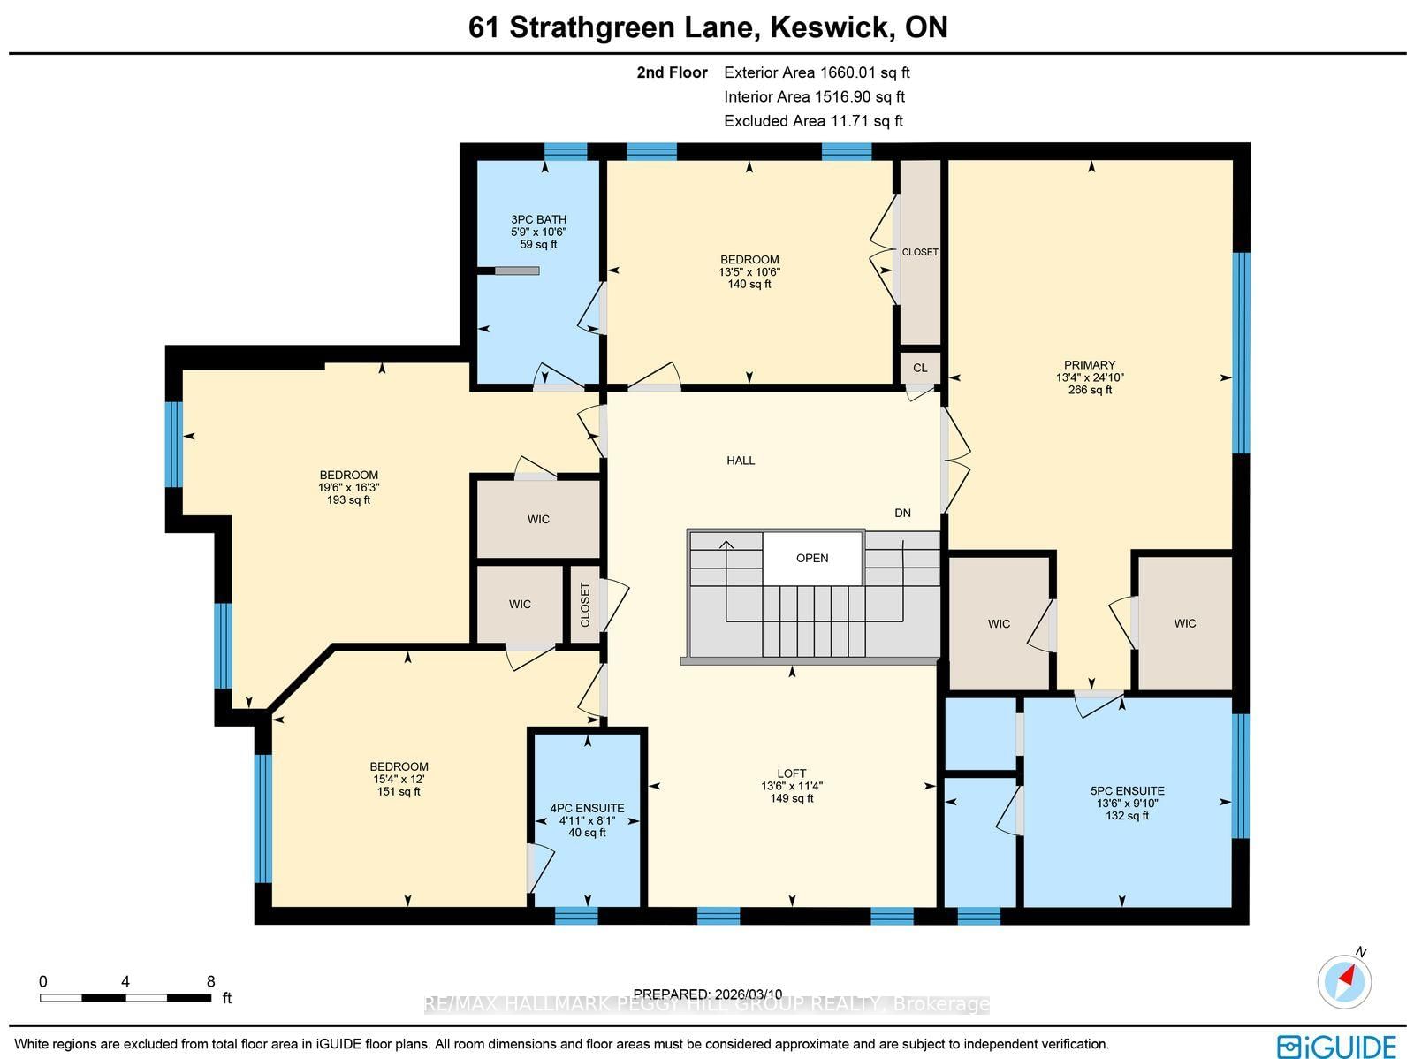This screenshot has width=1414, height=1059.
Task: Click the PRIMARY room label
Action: tap(1089, 365)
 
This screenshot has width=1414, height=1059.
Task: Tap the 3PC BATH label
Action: tap(538, 219)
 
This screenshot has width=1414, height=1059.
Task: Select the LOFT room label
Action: tap(791, 773)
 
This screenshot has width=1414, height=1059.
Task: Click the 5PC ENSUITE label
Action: tap(1127, 791)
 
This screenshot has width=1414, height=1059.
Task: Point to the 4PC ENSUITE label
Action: tap(587, 808)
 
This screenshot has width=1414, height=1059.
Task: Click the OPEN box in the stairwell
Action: tap(812, 558)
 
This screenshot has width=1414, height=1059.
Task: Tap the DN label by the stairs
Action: tap(902, 513)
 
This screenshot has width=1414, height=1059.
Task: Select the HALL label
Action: tap(741, 461)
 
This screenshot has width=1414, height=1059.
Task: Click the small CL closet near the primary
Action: tap(920, 368)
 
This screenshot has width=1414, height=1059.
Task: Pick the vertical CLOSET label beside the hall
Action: tap(585, 605)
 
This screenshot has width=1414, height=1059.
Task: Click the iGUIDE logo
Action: tap(1336, 1046)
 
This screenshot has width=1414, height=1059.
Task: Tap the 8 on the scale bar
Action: tap(210, 981)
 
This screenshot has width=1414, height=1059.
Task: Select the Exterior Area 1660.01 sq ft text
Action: tap(817, 72)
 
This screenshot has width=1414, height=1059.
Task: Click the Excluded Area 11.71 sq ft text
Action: tap(813, 121)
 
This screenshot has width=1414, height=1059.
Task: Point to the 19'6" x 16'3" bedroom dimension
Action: tap(349, 487)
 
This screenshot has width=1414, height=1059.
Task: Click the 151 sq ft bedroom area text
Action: tap(399, 791)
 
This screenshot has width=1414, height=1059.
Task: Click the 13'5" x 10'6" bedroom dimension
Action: tap(749, 272)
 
